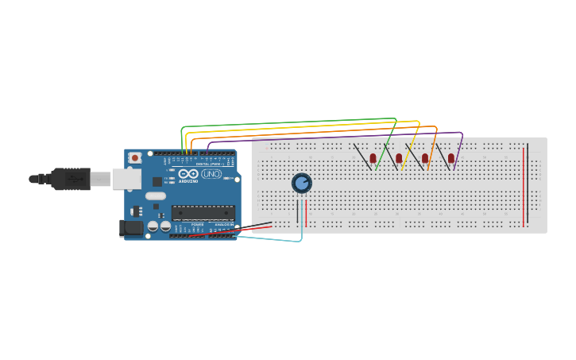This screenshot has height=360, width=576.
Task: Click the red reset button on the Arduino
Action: tap(135, 158)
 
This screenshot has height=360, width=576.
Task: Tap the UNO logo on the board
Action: tap(211, 174)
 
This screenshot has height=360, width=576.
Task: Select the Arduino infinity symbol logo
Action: tap(188, 174)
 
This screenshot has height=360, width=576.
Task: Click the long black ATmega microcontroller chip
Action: tap(203, 213)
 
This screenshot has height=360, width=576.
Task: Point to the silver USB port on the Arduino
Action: tap(126, 179)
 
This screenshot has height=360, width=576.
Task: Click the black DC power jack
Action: tap(131, 229)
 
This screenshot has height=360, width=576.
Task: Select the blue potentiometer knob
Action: tap(301, 184)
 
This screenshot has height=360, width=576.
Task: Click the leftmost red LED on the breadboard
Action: tap(373, 159)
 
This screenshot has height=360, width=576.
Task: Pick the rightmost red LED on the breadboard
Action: tap(451, 159)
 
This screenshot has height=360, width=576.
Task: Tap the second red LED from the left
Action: tap(399, 159)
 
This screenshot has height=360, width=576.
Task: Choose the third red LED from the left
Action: tap(425, 159)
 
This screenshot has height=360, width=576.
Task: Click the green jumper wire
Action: tap(286, 123)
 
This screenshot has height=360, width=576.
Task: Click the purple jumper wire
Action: tap(334, 136)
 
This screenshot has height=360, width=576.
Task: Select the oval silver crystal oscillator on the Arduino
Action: tap(156, 195)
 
